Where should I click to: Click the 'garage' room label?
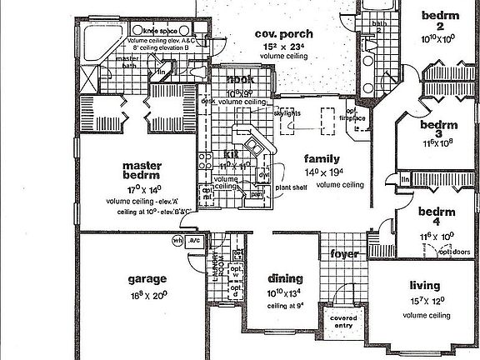[x=147, y=279]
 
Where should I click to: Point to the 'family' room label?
[x=320, y=158]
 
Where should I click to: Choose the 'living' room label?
[x=425, y=285]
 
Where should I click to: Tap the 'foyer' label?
[x=343, y=253]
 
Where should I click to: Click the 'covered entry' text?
[x=343, y=321]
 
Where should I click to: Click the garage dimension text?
[x=147, y=294]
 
